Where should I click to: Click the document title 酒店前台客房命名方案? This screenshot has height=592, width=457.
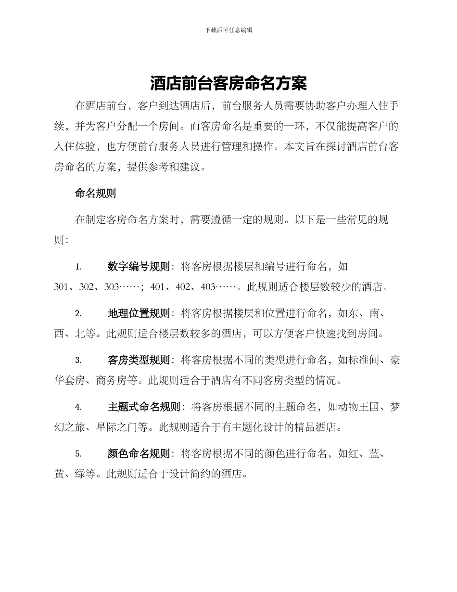[228, 84]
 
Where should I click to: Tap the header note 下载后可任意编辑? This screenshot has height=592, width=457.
[228, 30]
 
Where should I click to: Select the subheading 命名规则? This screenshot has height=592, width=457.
[95, 194]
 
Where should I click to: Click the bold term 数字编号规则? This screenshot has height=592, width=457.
[139, 267]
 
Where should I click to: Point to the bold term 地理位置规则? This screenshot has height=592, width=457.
[139, 314]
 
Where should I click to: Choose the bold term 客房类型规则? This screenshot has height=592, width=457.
[139, 360]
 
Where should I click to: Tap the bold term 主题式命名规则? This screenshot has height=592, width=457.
[144, 407]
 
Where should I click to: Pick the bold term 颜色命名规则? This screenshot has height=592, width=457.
[139, 453]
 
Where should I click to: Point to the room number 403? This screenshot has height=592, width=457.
[208, 287]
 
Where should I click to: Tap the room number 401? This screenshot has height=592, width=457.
[158, 287]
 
